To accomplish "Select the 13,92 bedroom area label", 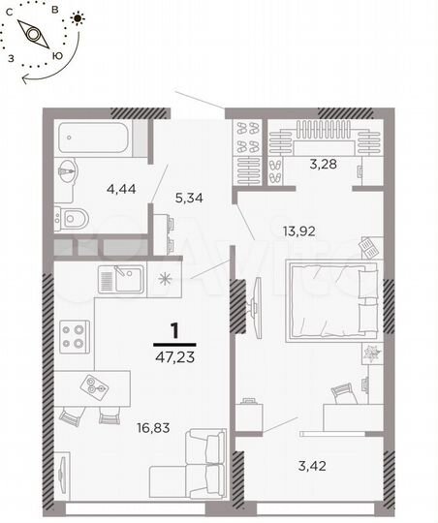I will click(301, 231).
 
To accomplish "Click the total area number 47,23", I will click(174, 355).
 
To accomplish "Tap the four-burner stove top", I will click(74, 336).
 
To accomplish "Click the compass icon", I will click(35, 35).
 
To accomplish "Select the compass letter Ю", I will click(60, 55).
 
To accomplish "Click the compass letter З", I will click(10, 57).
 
